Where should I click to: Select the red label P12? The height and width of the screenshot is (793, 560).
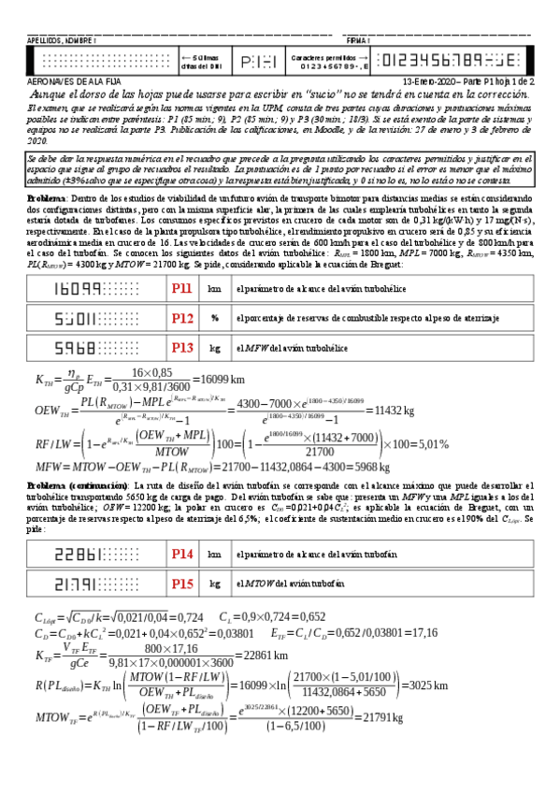[182, 319]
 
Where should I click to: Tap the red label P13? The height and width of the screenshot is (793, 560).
[182, 347]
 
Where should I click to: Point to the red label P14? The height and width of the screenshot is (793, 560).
[182, 555]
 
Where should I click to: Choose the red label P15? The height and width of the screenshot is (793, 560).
[182, 584]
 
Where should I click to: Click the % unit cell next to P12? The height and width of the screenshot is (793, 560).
[215, 319]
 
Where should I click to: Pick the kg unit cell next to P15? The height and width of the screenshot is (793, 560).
[215, 584]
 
